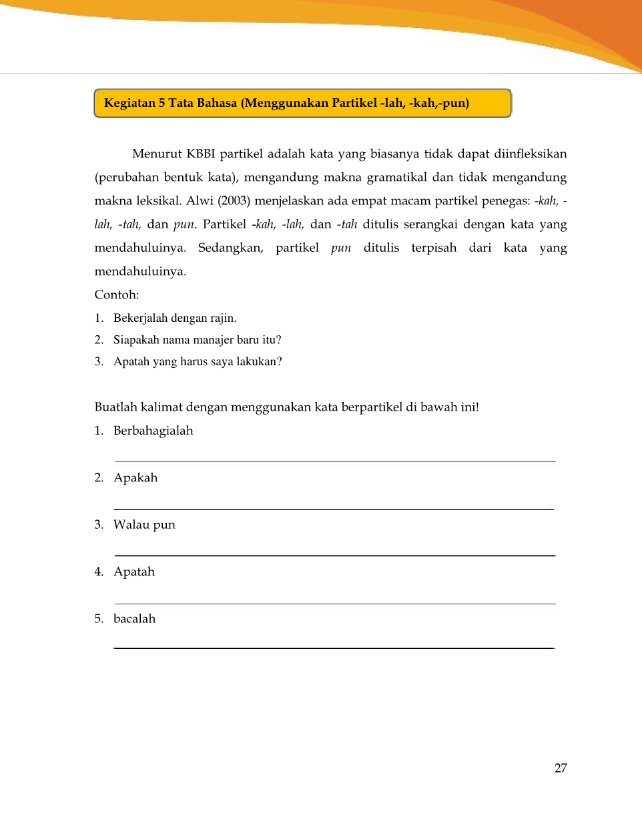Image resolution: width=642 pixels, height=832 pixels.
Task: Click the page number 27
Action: (x=561, y=768)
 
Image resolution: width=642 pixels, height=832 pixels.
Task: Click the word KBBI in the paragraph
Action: (x=200, y=154)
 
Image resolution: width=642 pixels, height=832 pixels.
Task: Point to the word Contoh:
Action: (x=117, y=294)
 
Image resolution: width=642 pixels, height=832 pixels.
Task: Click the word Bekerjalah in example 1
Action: (x=140, y=318)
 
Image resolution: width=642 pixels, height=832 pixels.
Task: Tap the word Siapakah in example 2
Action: (x=136, y=340)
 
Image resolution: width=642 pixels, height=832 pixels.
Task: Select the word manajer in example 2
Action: (x=213, y=340)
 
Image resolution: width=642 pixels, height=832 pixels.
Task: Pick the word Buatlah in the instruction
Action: (x=116, y=407)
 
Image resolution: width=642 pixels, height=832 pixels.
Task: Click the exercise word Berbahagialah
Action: (x=153, y=431)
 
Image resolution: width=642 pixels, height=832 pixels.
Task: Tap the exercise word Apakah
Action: (x=135, y=477)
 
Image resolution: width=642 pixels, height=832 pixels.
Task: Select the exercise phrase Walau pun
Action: (x=144, y=525)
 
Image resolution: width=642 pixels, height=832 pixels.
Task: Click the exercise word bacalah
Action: (x=134, y=619)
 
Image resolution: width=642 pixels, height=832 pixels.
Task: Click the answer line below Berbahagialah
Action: (x=335, y=461)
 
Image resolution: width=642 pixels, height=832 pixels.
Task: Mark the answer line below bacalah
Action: (x=334, y=648)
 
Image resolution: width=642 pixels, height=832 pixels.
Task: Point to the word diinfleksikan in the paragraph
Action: (x=530, y=154)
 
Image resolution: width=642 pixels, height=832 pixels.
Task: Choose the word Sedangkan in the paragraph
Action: (x=230, y=248)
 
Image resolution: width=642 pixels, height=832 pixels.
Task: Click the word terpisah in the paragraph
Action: (x=434, y=248)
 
